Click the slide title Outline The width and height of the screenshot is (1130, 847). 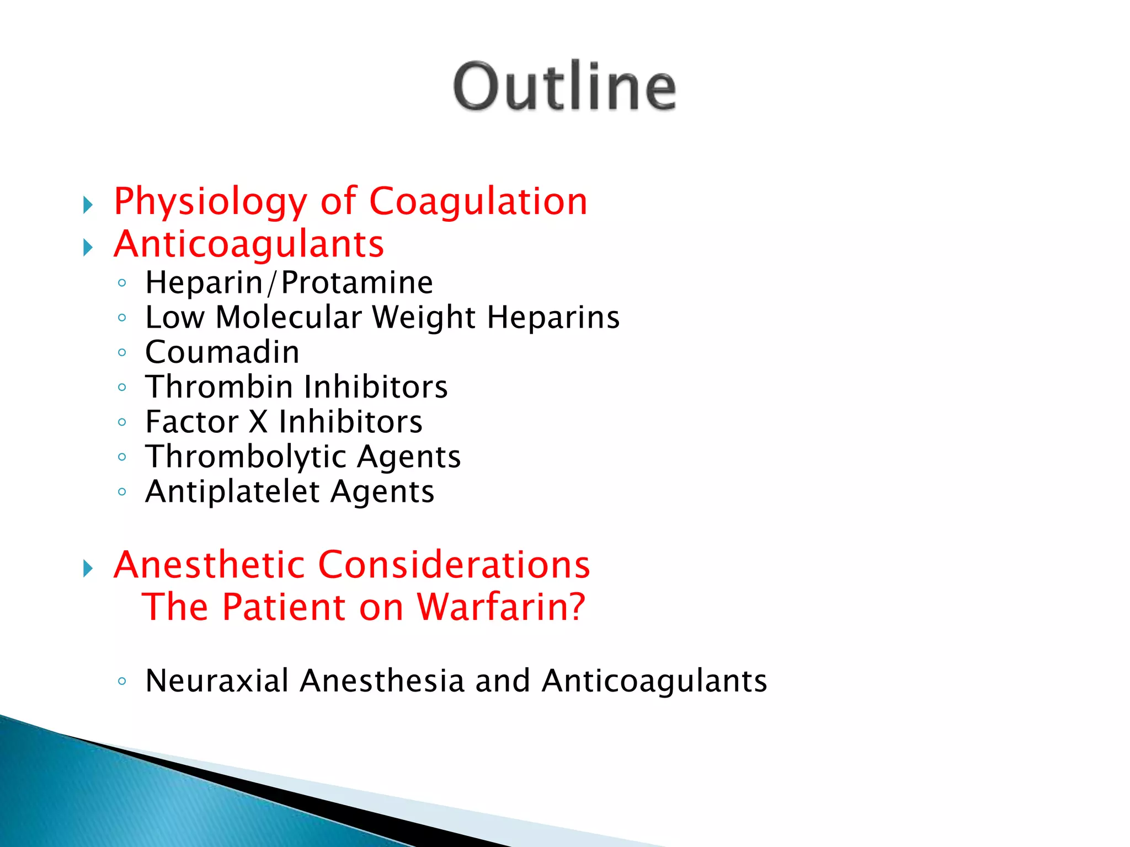pyautogui.click(x=564, y=86)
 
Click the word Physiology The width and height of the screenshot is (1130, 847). pyautogui.click(x=210, y=202)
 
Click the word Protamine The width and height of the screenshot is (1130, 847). pyautogui.click(x=357, y=283)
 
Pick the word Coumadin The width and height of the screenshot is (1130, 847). pyautogui.click(x=222, y=352)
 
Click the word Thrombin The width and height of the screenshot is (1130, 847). pyautogui.click(x=219, y=387)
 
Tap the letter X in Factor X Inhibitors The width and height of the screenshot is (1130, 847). pyautogui.click(x=258, y=422)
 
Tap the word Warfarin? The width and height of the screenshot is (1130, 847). pyautogui.click(x=500, y=607)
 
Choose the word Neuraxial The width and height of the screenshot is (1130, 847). pyautogui.click(x=217, y=681)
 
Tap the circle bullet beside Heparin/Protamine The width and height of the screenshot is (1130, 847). pyautogui.click(x=122, y=283)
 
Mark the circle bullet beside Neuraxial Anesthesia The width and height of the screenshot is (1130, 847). pyautogui.click(x=122, y=681)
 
